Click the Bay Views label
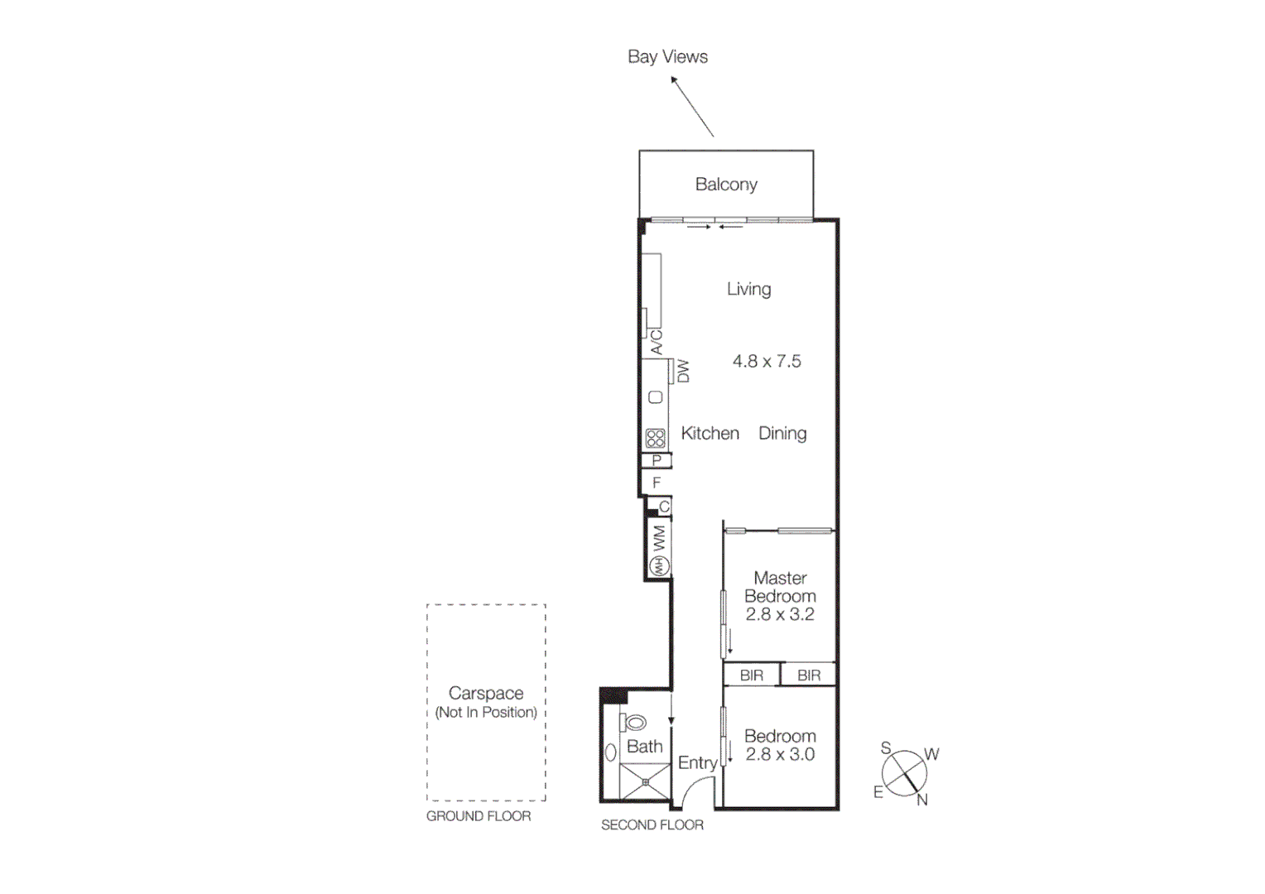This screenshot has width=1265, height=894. pyautogui.click(x=667, y=56)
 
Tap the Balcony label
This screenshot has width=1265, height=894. pyautogui.click(x=726, y=184)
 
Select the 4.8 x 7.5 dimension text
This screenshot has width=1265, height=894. pyautogui.click(x=767, y=361)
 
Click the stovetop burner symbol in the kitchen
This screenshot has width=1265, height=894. pyautogui.click(x=656, y=438)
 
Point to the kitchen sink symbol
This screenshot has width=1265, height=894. pyautogui.click(x=656, y=397)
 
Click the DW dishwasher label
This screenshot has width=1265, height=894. pyautogui.click(x=683, y=371)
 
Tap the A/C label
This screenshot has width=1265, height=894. pyautogui.click(x=657, y=343)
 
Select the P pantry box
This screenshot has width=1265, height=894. pyautogui.click(x=657, y=460)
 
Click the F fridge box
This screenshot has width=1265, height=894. pyautogui.click(x=657, y=483)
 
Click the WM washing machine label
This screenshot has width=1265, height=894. pyautogui.click(x=659, y=538)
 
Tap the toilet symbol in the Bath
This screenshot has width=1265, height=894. pyautogui.click(x=634, y=723)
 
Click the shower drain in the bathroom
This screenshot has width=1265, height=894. pyautogui.click(x=645, y=781)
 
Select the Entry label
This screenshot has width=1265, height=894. pyautogui.click(x=697, y=763)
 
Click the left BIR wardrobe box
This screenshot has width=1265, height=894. pyautogui.click(x=752, y=675)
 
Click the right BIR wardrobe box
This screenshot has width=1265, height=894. pyautogui.click(x=809, y=675)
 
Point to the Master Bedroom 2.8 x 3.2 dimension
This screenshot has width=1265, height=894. pyautogui.click(x=780, y=614)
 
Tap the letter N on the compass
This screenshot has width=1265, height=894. pyautogui.click(x=921, y=800)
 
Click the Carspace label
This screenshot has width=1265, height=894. pyautogui.click(x=486, y=693)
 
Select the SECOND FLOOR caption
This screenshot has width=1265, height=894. pyautogui.click(x=652, y=824)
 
